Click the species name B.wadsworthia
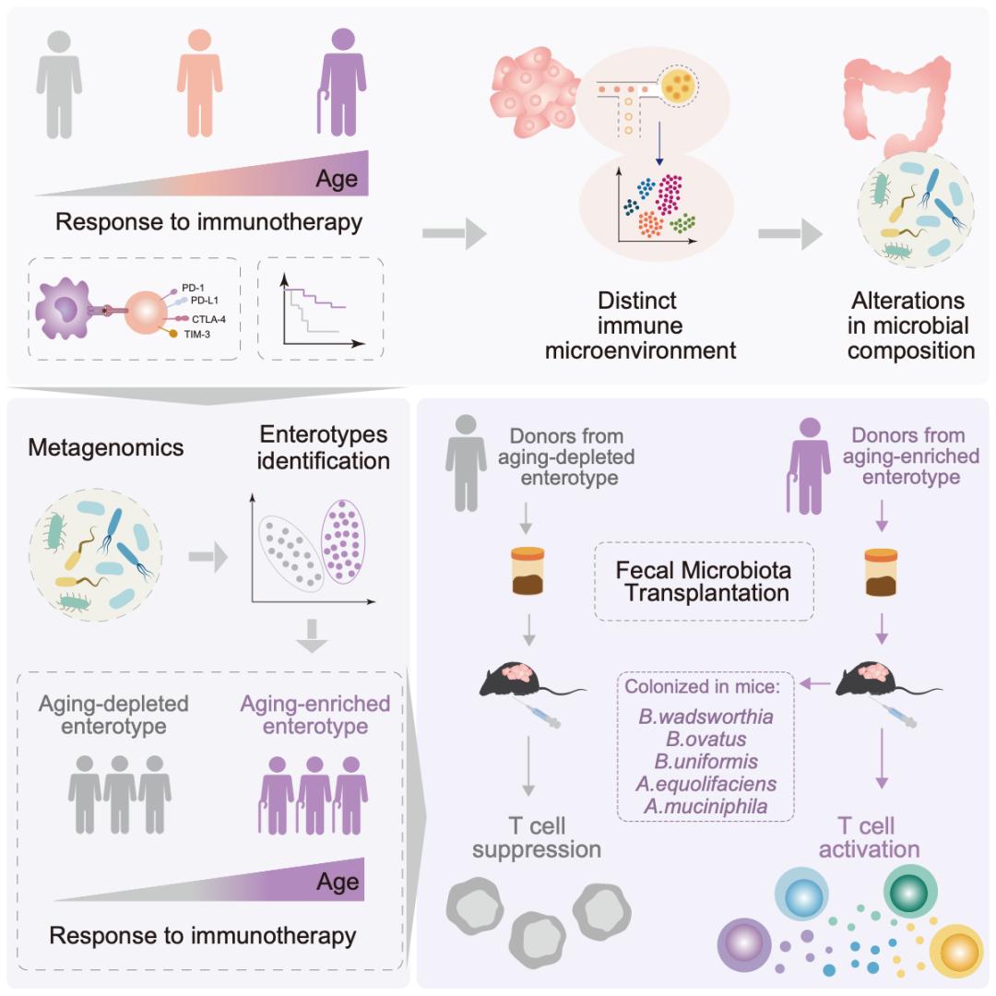[x=705, y=717]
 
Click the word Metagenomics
[x=106, y=448]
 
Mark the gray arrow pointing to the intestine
[x=789, y=235]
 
